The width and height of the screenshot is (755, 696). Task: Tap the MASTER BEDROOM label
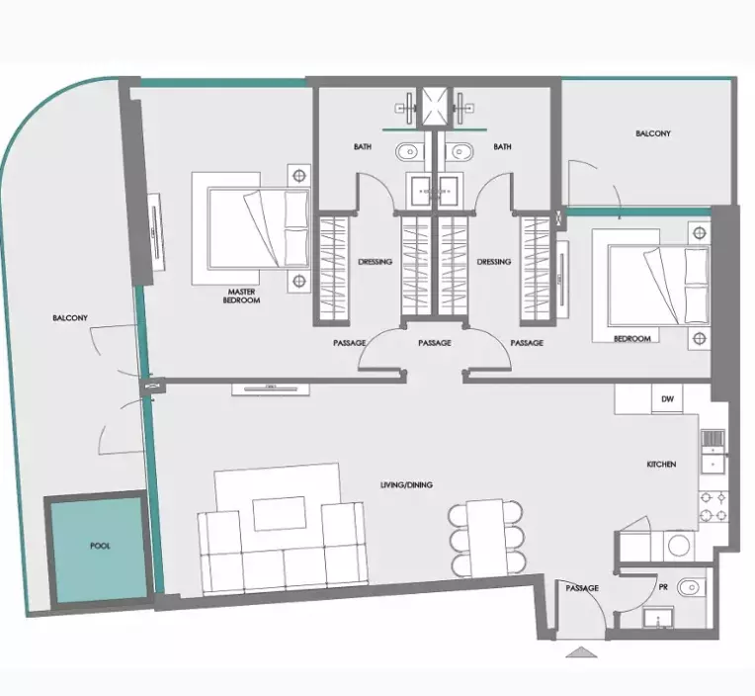click(243, 296)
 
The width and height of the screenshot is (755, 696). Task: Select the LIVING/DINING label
click(407, 484)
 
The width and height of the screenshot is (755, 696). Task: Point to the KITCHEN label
click(661, 464)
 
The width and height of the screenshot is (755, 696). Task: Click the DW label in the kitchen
click(668, 399)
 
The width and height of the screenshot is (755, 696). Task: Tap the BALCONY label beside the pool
click(70, 318)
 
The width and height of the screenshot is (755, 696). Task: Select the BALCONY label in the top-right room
click(653, 133)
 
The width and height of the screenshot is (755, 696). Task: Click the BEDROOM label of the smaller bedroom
click(631, 339)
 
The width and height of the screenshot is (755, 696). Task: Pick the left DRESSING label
click(376, 262)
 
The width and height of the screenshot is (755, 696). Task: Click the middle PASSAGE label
click(435, 343)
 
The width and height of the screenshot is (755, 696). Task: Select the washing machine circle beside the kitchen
click(679, 545)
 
